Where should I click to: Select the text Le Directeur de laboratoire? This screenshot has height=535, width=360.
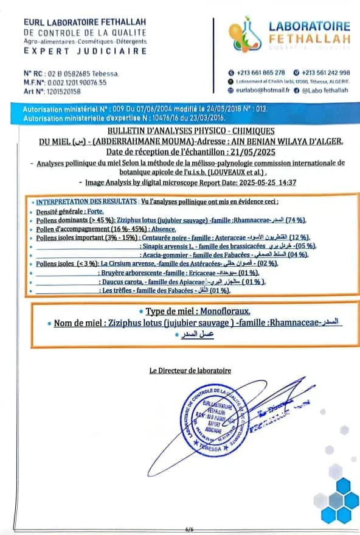point(190,370)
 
